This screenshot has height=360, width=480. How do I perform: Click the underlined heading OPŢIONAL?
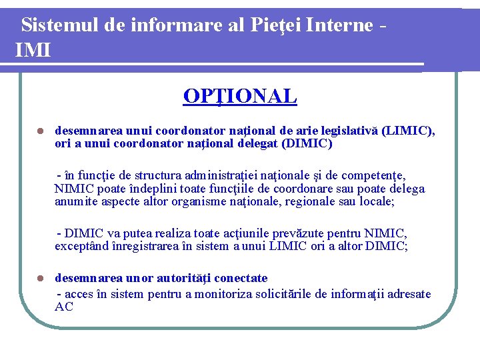[240, 97]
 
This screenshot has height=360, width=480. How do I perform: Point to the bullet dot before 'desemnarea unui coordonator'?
[40, 131]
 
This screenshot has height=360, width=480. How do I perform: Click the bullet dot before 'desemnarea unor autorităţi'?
[40, 278]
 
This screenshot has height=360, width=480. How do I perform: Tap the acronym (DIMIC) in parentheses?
[308, 143]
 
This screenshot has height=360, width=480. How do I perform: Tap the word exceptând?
[82, 246]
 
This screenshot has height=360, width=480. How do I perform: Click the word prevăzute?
[326, 233]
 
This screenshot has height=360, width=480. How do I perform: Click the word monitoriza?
[250, 294]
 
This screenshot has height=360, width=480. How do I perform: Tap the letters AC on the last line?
[64, 307]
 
